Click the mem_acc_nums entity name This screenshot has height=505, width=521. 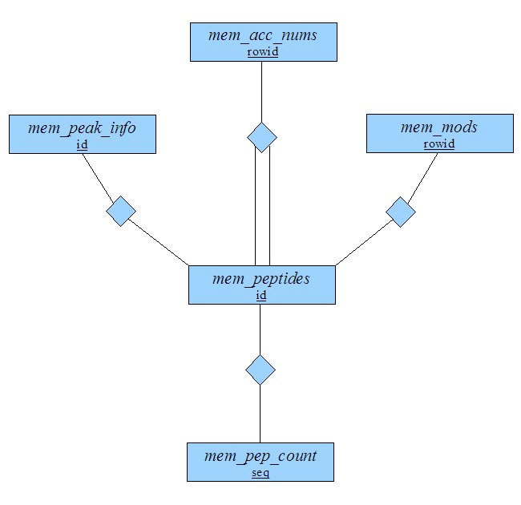tap(262, 35)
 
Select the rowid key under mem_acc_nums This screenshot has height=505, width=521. tap(262, 52)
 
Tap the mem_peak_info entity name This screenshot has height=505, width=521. tap(82, 128)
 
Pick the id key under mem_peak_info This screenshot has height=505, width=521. tap(82, 144)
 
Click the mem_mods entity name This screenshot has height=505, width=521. tap(439, 127)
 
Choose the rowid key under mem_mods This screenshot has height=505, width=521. tap(439, 143)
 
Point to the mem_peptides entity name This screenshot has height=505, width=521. tap(261, 279)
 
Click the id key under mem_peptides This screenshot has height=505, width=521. tap(261, 295)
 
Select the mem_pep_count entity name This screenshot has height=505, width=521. tap(260, 456)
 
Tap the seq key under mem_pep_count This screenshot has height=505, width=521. tap(260, 472)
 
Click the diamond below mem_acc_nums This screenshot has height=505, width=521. tap(262, 137)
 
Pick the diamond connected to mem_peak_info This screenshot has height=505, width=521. tap(121, 212)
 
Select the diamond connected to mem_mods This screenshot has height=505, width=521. tap(401, 212)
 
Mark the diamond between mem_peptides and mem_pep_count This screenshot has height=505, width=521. tap(260, 370)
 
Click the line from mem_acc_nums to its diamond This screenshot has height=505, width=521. tap(262, 91)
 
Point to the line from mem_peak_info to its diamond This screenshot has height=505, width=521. tap(98, 176)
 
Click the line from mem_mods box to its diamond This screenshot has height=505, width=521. tap(422, 178)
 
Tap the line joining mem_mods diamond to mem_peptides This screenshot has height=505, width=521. tap(364, 243)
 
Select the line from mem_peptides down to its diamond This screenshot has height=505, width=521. tap(260, 329)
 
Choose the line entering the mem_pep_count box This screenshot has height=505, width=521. tap(260, 414)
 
